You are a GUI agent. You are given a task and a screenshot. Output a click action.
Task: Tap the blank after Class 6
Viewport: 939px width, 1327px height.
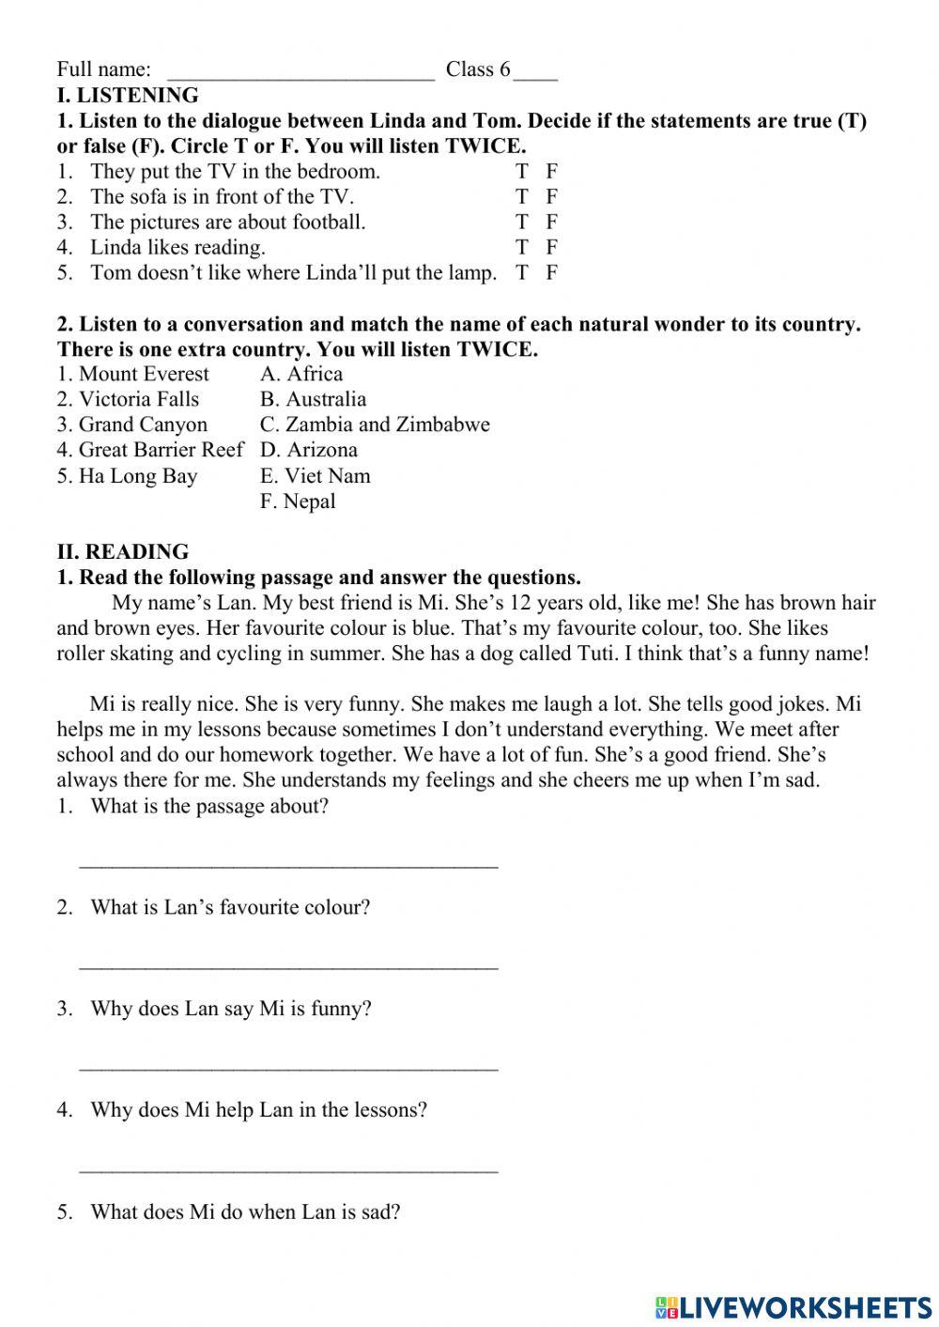535,73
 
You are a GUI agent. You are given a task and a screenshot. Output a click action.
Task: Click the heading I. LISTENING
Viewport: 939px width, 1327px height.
128,95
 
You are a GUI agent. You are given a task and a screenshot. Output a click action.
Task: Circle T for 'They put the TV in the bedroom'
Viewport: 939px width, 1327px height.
522,171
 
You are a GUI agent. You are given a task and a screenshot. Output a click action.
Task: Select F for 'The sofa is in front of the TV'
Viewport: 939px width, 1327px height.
552,196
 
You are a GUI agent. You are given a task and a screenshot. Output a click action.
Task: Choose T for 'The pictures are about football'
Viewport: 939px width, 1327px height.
522,222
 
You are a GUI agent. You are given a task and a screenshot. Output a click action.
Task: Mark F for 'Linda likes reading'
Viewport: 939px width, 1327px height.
552,247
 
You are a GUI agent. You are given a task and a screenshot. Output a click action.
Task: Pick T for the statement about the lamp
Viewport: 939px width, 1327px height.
522,272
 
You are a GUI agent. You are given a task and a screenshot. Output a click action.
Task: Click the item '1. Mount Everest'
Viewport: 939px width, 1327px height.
133,374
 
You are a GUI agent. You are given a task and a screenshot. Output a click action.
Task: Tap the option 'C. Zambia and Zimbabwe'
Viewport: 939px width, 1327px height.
375,424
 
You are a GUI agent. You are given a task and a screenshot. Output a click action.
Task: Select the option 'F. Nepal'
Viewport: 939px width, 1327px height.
298,501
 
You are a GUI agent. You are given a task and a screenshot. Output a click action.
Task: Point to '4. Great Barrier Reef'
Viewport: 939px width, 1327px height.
149,450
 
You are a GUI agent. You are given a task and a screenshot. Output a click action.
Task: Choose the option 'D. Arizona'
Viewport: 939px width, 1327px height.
309,450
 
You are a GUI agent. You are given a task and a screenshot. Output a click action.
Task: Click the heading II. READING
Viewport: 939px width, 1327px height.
122,551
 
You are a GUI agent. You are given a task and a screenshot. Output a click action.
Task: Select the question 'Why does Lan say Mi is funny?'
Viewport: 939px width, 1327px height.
231,1009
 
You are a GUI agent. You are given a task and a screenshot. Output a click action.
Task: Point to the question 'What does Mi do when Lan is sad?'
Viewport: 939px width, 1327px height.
245,1211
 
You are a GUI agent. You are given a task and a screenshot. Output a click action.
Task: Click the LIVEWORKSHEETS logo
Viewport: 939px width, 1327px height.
793,1306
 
